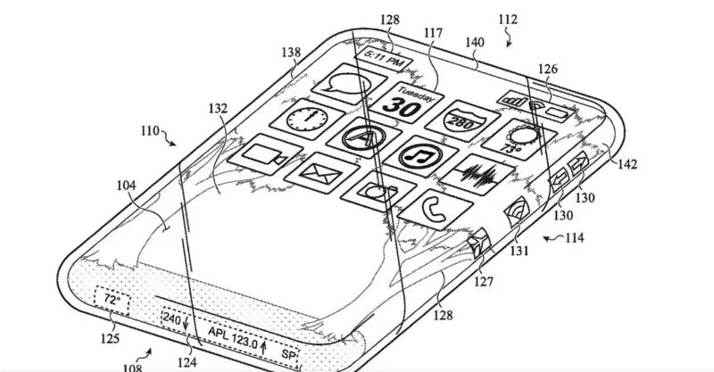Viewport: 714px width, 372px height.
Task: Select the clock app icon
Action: click(306, 119)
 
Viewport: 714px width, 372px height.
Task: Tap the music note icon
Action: click(419, 156)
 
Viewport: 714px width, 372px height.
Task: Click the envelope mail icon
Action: click(321, 173)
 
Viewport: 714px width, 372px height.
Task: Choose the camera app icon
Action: click(378, 191)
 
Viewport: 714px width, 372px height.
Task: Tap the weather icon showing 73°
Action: click(519, 139)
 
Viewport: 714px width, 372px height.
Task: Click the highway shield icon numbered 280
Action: click(462, 120)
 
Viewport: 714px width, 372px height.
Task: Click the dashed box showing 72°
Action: click(112, 300)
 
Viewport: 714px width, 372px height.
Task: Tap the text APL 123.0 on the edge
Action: click(233, 337)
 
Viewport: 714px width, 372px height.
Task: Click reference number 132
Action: click(218, 108)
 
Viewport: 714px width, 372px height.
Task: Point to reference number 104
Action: click(126, 186)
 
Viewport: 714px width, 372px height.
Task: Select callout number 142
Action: click(627, 164)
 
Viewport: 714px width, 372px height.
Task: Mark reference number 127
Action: click(483, 282)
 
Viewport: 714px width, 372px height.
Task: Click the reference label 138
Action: click(291, 53)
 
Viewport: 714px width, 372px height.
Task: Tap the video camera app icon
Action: click(265, 154)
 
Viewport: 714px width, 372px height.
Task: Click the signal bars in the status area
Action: click(513, 99)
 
